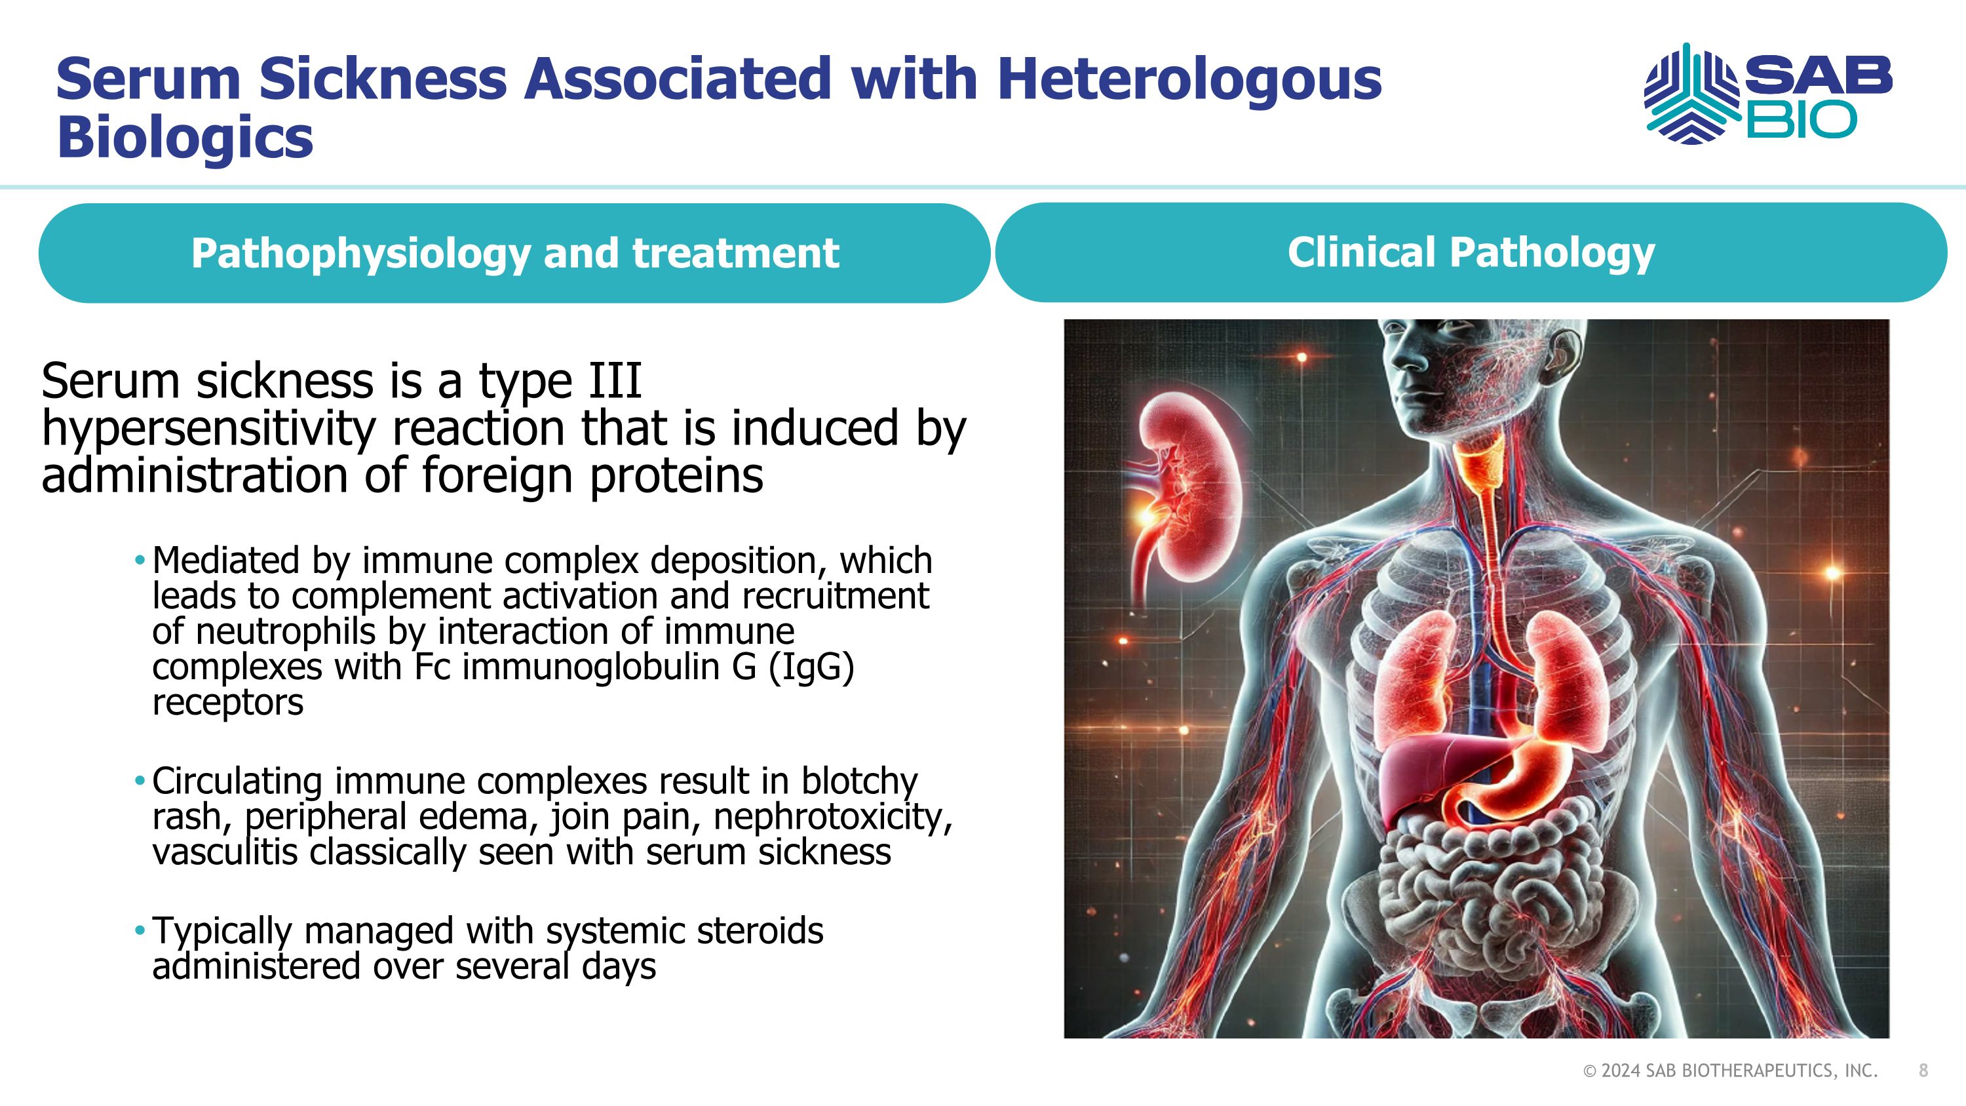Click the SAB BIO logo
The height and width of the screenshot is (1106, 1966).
(x=1767, y=94)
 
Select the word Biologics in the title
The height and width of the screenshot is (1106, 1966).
(x=185, y=138)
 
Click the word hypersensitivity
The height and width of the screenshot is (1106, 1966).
(x=208, y=429)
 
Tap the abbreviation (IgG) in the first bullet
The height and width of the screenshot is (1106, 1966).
(x=811, y=666)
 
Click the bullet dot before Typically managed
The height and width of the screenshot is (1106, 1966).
(x=140, y=930)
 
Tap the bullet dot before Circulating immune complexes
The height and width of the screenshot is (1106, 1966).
(x=140, y=781)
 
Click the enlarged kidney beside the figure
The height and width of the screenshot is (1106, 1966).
(x=1191, y=488)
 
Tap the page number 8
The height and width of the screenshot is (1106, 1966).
(x=1923, y=1071)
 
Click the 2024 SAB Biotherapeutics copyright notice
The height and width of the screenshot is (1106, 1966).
(x=1730, y=1071)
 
